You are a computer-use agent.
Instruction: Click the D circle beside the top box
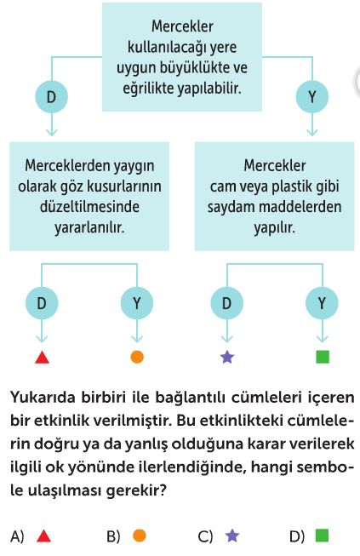[x=51, y=97]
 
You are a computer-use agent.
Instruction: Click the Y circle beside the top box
[x=311, y=97]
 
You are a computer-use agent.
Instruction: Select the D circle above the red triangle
[x=42, y=303]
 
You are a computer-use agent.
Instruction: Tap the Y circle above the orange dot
[x=137, y=303]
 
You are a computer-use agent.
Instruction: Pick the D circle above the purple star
[x=226, y=303]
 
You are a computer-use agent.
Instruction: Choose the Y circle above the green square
[x=322, y=303]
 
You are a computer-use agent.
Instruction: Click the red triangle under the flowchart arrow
[x=43, y=358]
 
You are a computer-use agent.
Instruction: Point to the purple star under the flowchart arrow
[x=227, y=357]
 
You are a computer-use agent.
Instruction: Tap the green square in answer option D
[x=322, y=536]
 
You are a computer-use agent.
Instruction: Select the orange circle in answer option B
[x=140, y=536]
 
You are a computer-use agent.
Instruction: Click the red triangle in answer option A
[x=43, y=536]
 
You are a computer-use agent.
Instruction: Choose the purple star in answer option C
[x=232, y=536]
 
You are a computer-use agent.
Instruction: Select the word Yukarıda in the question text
[x=43, y=397]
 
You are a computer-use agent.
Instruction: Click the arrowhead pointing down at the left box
[x=52, y=133]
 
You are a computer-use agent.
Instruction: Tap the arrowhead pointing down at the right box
[x=311, y=133]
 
